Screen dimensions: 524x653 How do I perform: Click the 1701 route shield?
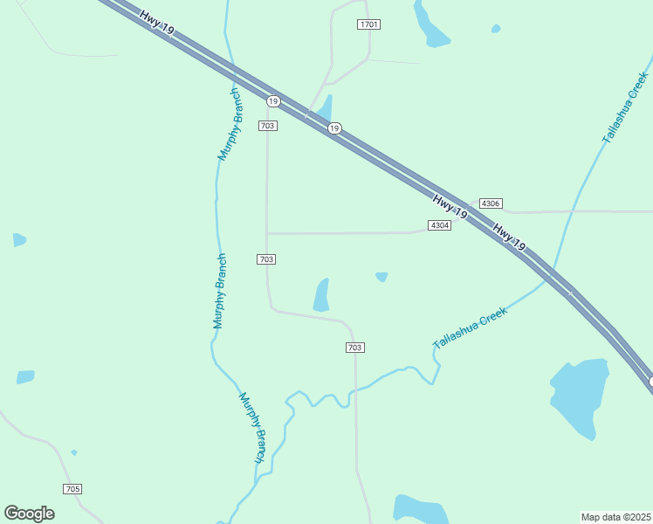click(x=368, y=24)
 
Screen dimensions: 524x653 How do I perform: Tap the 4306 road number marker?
click(x=491, y=203)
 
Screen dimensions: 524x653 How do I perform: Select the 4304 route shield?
click(x=439, y=225)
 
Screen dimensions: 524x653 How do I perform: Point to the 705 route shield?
click(x=72, y=488)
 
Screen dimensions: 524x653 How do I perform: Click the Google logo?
click(x=29, y=514)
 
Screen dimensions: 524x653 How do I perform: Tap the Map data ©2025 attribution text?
click(x=615, y=517)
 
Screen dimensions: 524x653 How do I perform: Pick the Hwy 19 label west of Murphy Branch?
click(x=157, y=19)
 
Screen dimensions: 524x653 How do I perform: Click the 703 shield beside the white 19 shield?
click(x=268, y=126)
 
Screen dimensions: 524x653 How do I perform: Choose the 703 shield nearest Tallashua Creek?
click(x=354, y=348)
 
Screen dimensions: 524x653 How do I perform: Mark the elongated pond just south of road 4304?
click(x=322, y=295)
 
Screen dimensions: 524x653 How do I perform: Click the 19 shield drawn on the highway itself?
click(x=334, y=128)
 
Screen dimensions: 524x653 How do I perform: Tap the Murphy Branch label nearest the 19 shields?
click(x=230, y=124)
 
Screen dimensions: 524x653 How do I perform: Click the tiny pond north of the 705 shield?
click(x=73, y=452)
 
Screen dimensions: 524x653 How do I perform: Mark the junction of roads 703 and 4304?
click(x=267, y=233)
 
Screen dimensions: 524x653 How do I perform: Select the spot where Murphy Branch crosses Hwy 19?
click(x=231, y=67)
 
